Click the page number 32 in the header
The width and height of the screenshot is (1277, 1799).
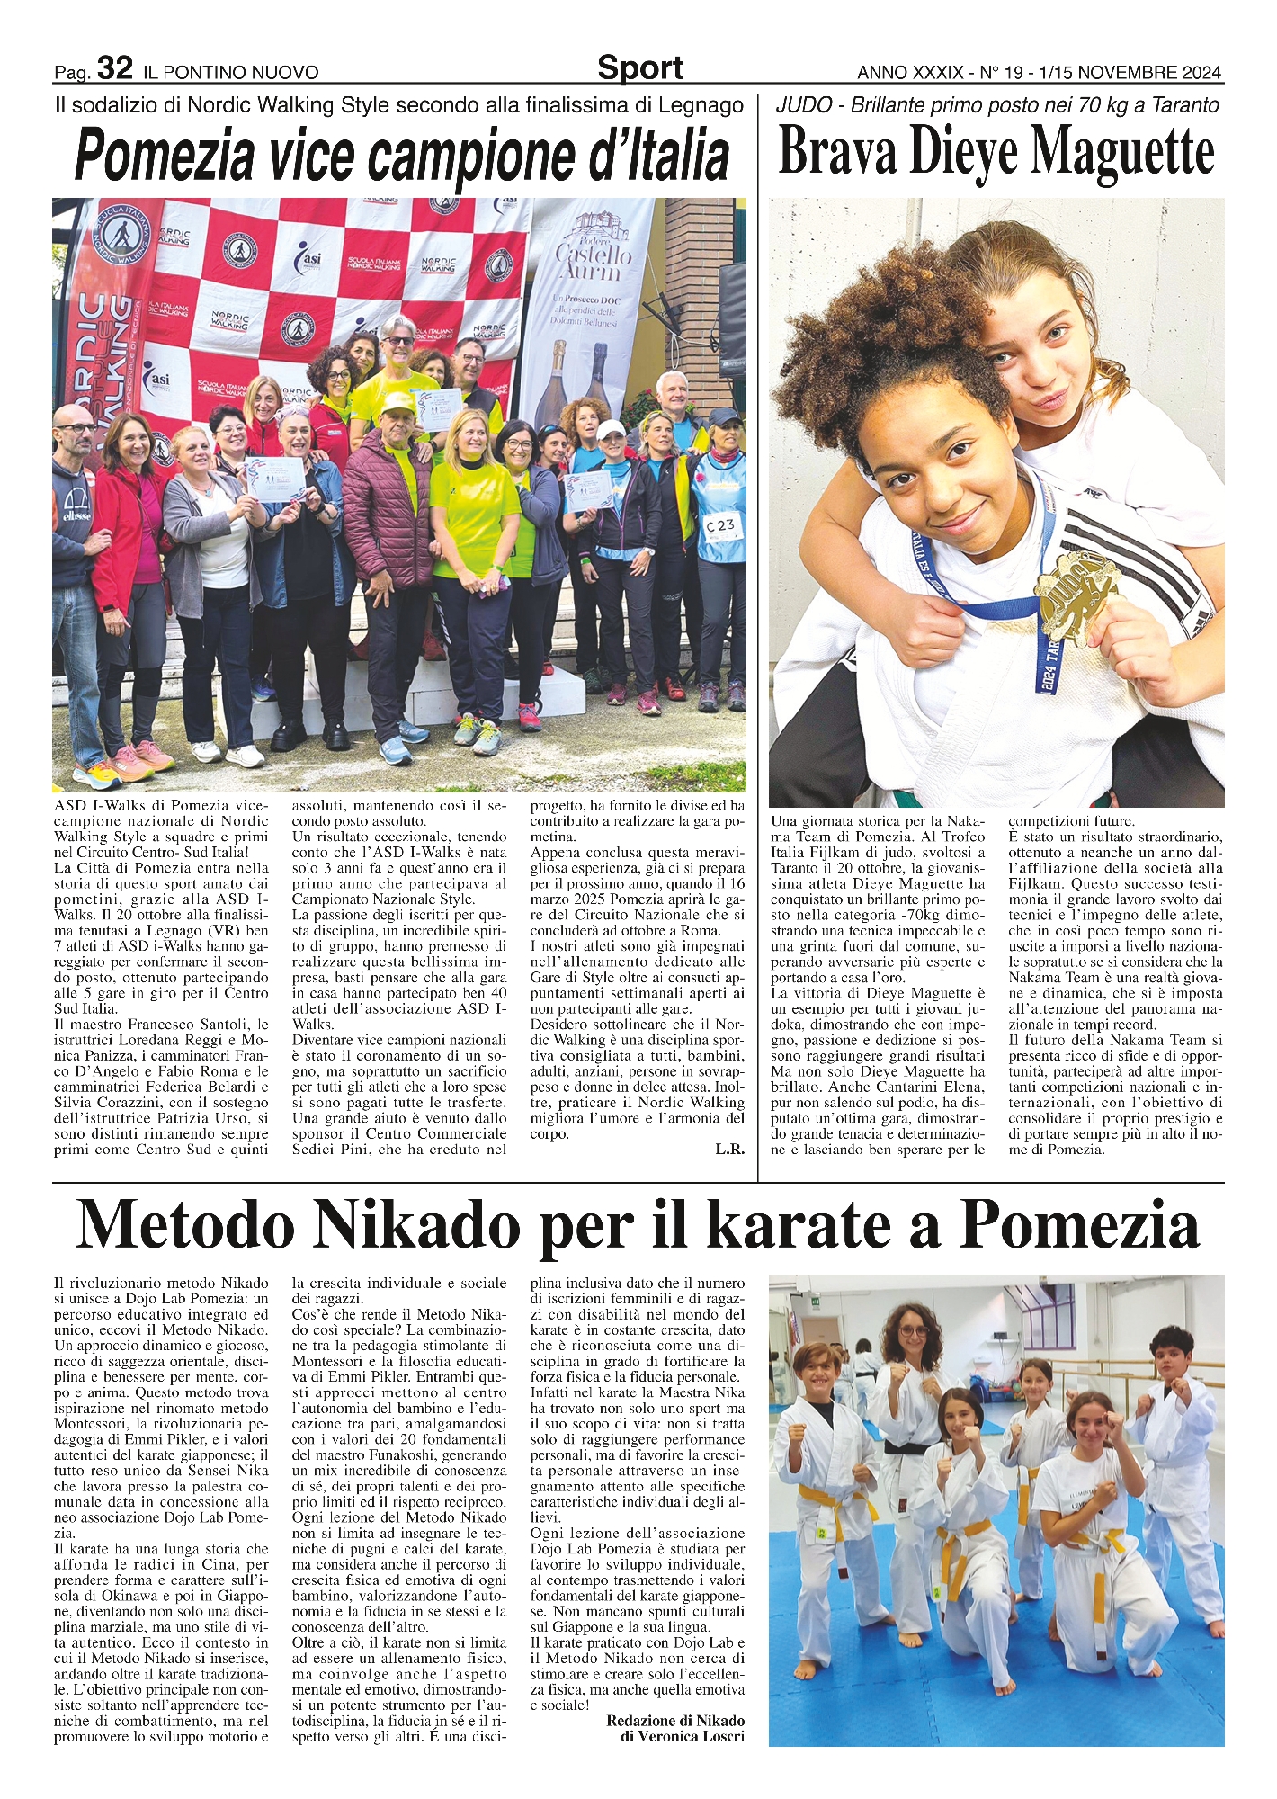(x=114, y=67)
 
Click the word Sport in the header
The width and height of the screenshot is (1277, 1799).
(x=639, y=68)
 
